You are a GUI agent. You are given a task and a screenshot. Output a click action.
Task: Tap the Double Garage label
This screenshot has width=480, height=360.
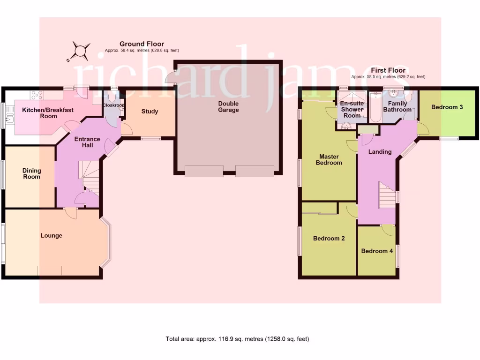tap(228, 107)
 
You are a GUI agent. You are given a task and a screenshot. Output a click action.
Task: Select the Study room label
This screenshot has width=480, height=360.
tap(150, 112)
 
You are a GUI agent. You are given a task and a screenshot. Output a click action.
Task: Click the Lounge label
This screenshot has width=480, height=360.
tap(52, 235)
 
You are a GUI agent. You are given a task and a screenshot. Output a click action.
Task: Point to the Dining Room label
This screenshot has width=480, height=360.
tap(32, 174)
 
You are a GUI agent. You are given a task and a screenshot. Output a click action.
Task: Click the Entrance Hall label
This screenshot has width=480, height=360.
tap(87, 142)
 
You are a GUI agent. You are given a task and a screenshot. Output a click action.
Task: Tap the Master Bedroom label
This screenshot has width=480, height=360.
tap(330, 159)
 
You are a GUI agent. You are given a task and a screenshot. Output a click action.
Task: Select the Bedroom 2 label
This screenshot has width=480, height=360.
tap(329, 238)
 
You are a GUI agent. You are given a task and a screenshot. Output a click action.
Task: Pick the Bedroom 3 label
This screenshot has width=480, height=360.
tap(447, 107)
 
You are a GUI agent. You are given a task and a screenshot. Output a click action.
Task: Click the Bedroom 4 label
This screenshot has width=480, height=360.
tap(377, 251)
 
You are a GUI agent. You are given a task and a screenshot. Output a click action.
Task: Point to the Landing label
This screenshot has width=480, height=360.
tap(380, 152)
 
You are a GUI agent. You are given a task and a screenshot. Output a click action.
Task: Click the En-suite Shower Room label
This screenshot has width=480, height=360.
tap(352, 109)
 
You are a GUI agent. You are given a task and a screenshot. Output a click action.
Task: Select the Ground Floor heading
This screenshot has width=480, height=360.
tap(142, 44)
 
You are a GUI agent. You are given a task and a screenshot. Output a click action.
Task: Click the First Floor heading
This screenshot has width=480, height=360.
tap(388, 70)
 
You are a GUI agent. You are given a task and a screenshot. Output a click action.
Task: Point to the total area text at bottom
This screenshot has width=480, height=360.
tap(237, 339)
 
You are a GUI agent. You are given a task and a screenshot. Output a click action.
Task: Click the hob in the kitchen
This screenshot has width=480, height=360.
tap(37, 95)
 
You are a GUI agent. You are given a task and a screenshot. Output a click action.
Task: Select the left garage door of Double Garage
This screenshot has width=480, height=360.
tap(204, 171)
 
